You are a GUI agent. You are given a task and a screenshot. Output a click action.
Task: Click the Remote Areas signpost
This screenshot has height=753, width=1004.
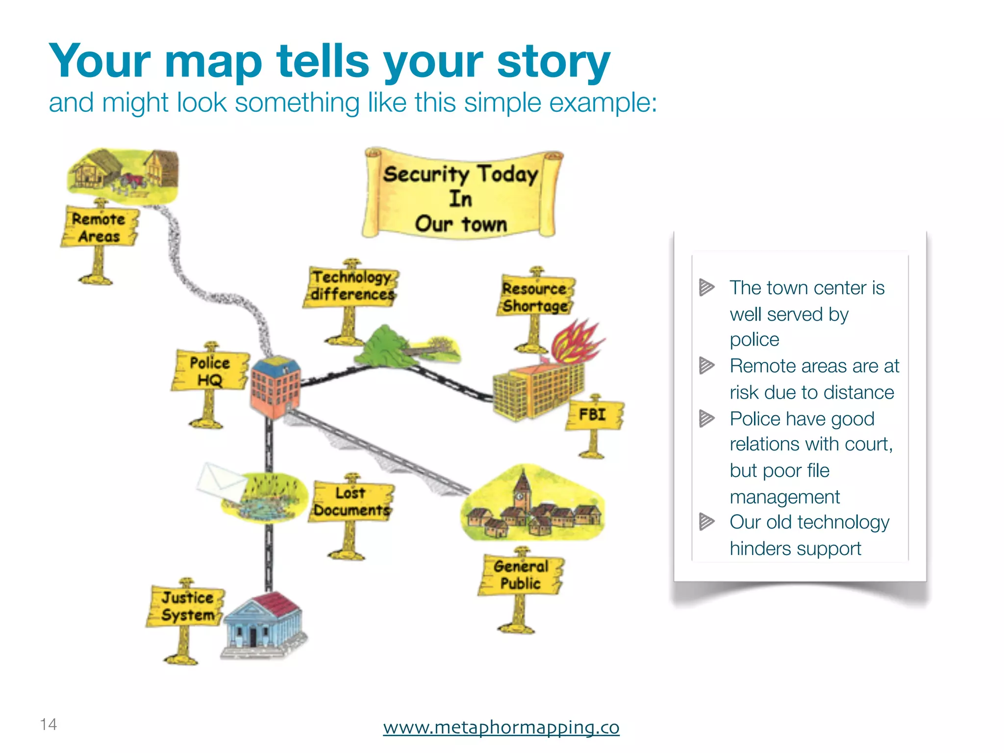click(100, 227)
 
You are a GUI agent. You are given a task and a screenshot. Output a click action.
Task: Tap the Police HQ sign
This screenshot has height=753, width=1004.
click(209, 372)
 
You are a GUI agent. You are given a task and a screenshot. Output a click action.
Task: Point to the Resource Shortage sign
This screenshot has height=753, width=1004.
click(535, 297)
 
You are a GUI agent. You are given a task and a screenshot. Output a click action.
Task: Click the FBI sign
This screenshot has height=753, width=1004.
click(594, 415)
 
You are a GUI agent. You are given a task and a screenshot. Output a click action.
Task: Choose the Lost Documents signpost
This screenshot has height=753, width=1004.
click(351, 502)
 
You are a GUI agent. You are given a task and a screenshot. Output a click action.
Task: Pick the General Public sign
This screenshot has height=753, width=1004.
click(521, 575)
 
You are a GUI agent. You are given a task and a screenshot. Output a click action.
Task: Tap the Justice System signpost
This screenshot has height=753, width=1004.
click(187, 606)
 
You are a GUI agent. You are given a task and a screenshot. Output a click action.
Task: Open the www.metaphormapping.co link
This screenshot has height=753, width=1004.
click(501, 727)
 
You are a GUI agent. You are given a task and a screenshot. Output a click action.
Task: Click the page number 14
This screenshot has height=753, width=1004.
click(49, 724)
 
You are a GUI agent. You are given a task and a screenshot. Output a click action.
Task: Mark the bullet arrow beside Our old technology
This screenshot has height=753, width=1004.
click(706, 522)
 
